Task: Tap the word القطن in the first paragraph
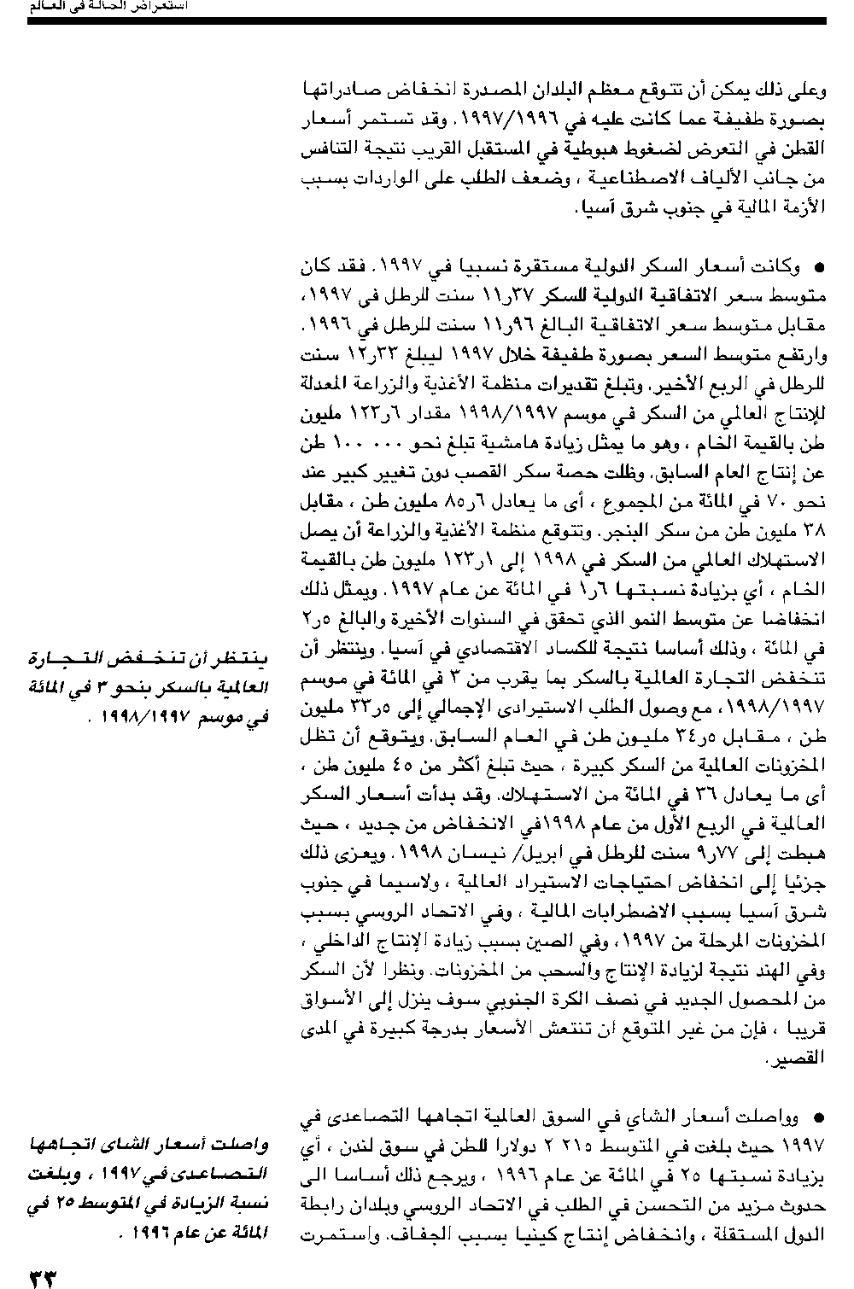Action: (806, 150)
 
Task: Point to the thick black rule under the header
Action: (427, 20)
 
